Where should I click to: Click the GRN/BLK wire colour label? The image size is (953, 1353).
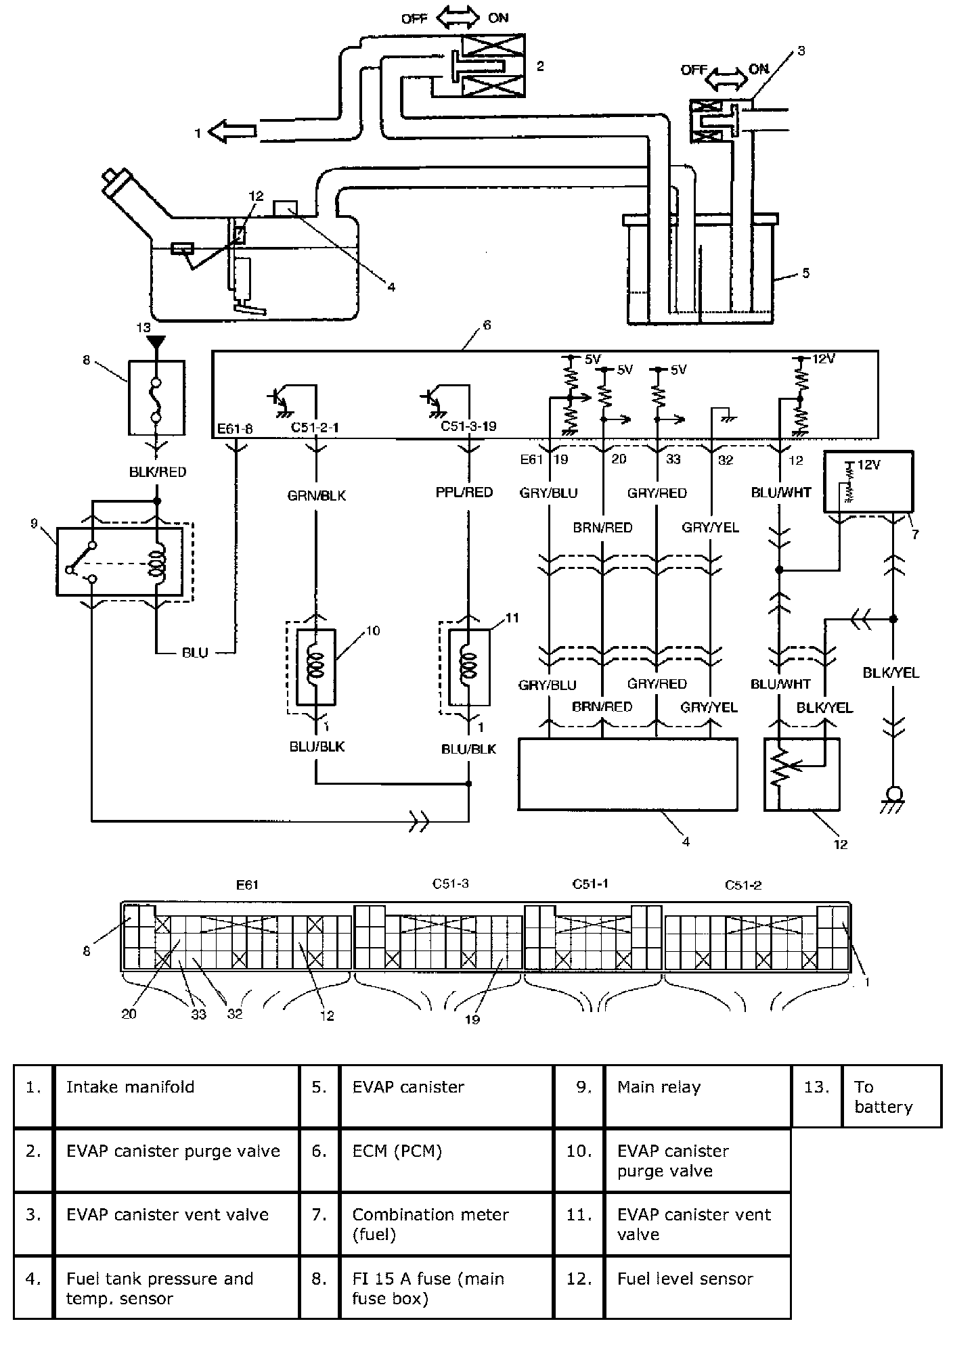point(316,496)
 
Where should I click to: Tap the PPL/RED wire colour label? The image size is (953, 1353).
point(464,492)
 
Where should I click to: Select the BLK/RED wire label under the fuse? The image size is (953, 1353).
point(158,472)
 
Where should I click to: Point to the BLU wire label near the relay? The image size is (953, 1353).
point(195,653)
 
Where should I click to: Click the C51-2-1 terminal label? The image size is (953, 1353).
point(315,428)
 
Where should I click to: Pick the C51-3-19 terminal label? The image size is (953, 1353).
point(468,426)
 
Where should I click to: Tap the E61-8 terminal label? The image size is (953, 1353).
point(235,428)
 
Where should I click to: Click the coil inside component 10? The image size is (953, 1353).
point(316,665)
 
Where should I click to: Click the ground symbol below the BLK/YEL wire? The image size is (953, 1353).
point(893,798)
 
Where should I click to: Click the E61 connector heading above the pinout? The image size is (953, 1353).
point(247,884)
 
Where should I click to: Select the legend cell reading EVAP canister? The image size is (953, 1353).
point(408,1087)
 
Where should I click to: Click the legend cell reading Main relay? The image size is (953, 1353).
point(659,1087)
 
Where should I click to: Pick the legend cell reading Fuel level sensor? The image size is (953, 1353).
point(684,1279)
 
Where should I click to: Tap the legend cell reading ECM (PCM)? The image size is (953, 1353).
point(397,1151)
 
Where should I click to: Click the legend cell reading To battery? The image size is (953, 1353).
point(883,1097)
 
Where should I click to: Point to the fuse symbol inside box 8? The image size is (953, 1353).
point(157,400)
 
